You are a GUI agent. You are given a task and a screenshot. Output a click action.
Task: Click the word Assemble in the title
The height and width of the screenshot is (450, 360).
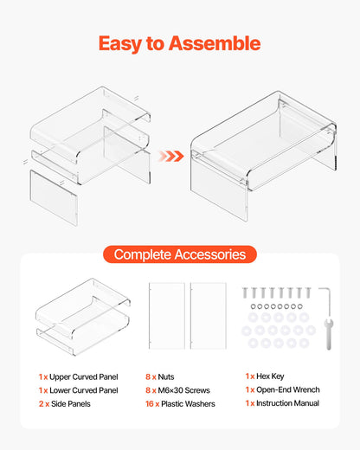coord(215,43)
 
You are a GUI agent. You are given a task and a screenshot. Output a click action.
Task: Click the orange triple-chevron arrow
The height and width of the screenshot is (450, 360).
coord(171,156)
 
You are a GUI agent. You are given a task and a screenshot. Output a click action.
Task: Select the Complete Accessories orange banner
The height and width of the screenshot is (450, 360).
coord(180,254)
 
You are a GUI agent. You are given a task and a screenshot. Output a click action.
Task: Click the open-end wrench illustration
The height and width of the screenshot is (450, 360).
coord(329,333)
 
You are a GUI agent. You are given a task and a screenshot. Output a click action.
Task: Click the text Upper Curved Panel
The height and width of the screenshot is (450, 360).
coord(84,376)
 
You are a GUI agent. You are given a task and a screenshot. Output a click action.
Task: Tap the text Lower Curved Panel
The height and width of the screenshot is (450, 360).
coord(84,390)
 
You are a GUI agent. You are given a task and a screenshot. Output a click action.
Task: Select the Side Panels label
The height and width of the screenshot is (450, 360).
coord(71,404)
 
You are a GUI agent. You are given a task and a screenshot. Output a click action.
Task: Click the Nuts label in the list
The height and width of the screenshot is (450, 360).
coord(166,376)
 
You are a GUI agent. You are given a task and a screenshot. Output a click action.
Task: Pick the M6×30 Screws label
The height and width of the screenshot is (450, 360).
coord(183,390)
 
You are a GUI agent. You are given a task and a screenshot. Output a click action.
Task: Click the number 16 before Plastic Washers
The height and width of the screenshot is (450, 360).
coord(150,404)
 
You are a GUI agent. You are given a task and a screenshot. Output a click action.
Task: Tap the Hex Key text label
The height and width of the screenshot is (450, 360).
coord(270,376)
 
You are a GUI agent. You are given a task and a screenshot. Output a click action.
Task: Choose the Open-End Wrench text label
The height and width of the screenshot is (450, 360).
coord(288,389)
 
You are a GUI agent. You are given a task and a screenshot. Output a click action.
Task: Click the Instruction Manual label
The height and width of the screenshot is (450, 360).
coord(287,403)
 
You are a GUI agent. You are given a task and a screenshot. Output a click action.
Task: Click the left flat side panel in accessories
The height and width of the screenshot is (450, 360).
coord(167,316)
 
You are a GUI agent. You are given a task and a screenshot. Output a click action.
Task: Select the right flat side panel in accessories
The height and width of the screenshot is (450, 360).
coord(209,316)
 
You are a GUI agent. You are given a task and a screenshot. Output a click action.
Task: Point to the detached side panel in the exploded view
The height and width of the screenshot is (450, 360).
coord(54,198)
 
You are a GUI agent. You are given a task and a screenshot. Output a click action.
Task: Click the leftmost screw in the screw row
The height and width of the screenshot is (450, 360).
coord(245,292)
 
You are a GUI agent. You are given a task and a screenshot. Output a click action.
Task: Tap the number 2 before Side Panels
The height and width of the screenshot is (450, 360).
coord(41,404)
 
